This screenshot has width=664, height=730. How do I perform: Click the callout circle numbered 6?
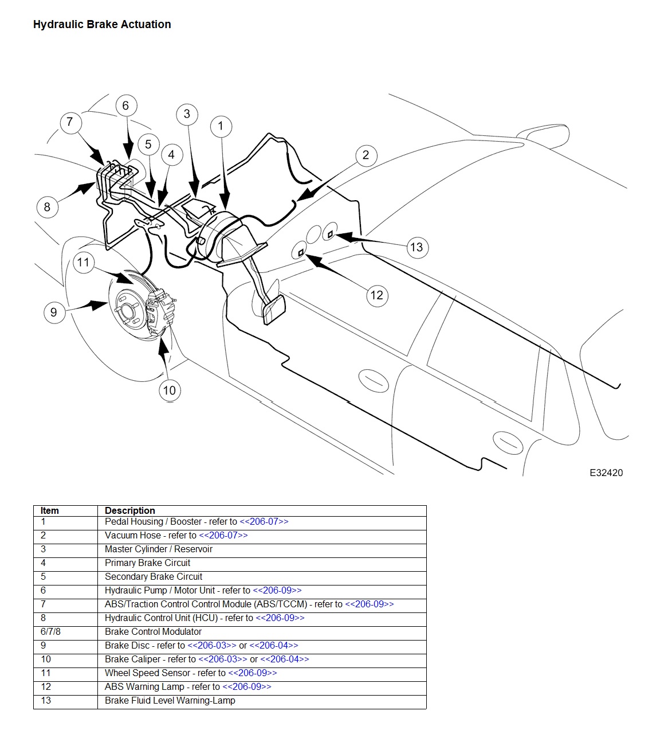click(126, 106)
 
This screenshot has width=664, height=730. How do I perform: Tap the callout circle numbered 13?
click(417, 248)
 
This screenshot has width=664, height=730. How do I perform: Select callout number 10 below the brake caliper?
click(170, 391)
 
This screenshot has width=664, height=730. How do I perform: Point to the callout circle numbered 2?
click(366, 155)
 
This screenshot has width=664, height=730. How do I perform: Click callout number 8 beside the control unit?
click(48, 207)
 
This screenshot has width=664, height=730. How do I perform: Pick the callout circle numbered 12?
click(377, 295)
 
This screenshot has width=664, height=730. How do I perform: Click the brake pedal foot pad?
click(273, 309)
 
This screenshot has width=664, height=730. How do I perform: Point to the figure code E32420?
click(606, 473)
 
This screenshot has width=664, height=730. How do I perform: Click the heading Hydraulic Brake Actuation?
click(102, 25)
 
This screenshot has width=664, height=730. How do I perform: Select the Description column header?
click(130, 510)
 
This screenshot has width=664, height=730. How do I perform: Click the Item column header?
click(49, 510)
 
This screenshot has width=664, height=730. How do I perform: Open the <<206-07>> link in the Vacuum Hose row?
click(223, 535)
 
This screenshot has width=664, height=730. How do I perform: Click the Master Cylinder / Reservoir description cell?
click(159, 549)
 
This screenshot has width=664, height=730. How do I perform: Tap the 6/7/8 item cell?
click(50, 631)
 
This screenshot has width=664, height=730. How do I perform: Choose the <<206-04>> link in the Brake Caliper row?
click(285, 659)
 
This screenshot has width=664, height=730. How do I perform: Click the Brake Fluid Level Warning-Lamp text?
click(170, 700)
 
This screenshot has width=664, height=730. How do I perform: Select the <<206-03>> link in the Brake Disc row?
click(211, 645)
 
